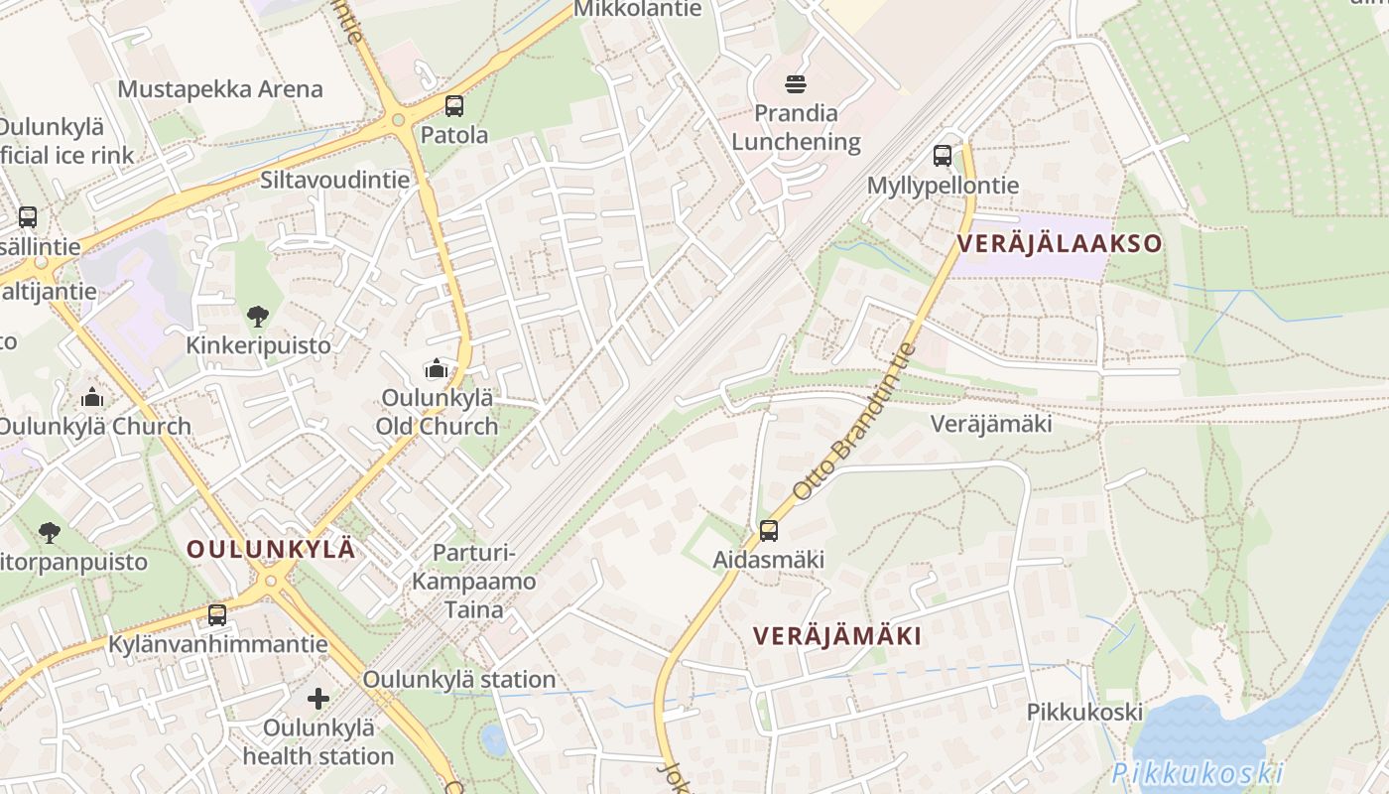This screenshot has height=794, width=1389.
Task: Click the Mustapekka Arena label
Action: click(220, 89)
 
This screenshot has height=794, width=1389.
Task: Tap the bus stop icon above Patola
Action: click(454, 106)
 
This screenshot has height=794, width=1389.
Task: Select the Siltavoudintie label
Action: click(334, 180)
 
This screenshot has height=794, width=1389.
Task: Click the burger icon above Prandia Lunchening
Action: click(796, 84)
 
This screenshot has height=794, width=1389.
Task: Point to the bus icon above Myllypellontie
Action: click(943, 156)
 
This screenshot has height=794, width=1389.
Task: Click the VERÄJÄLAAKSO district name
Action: click(1059, 243)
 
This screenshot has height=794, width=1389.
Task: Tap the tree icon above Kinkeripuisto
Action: click(258, 317)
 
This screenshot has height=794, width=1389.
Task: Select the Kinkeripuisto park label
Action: click(258, 345)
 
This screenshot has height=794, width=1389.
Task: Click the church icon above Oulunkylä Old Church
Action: click(436, 369)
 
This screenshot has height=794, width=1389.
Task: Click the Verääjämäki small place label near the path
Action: click(990, 424)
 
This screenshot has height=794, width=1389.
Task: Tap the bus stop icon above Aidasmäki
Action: click(769, 531)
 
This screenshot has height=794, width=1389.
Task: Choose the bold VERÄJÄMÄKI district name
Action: click(837, 636)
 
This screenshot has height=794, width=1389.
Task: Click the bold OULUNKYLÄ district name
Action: click(271, 549)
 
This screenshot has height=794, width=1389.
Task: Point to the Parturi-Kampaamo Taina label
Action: click(474, 582)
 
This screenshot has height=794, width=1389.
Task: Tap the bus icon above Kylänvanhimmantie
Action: click(217, 615)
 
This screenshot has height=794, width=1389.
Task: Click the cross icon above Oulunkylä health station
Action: click(317, 699)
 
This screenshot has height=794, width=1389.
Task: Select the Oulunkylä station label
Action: click(458, 680)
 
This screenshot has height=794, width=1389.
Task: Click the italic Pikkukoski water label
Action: click(1198, 773)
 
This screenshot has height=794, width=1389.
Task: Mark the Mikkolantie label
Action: click(638, 9)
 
